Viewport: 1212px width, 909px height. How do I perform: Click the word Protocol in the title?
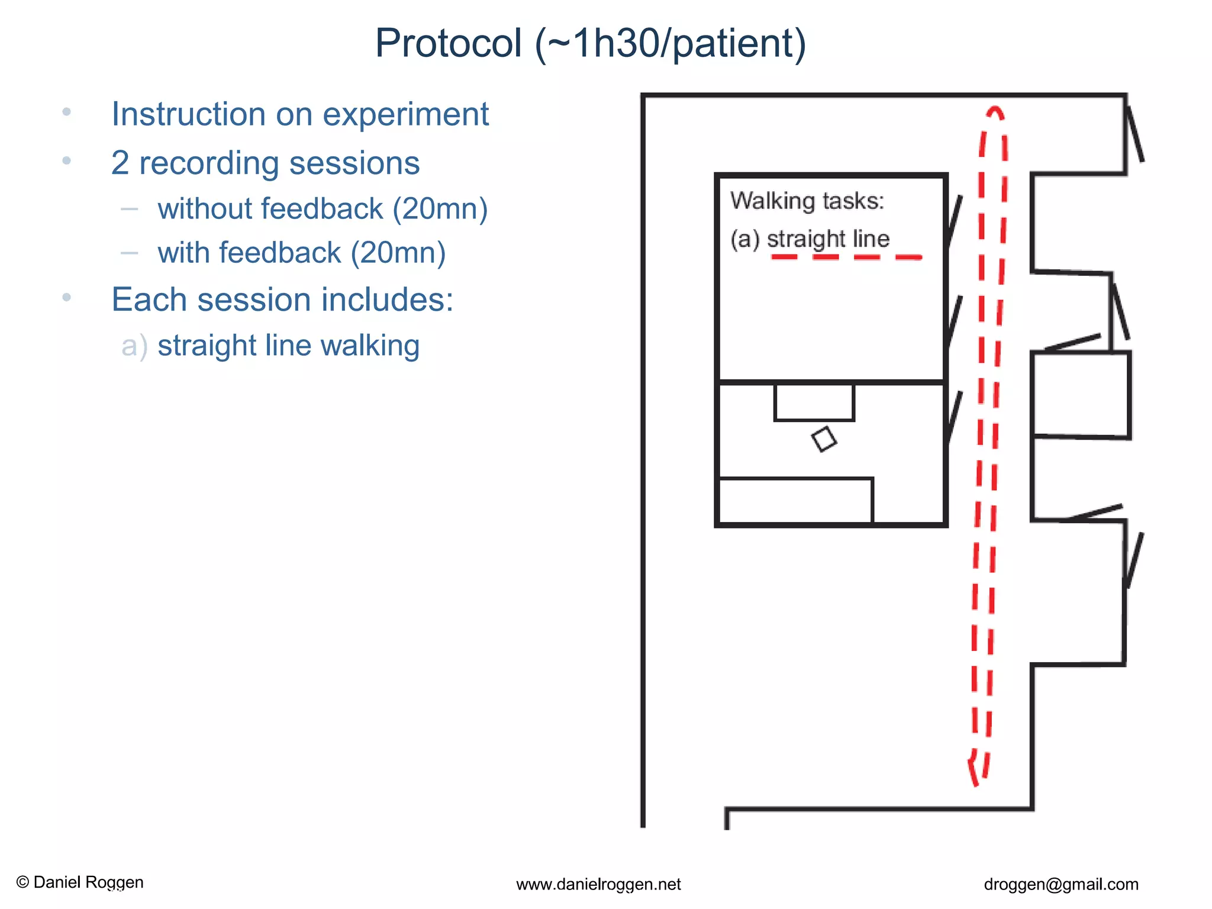click(449, 43)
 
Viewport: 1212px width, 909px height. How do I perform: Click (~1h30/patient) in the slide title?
click(671, 43)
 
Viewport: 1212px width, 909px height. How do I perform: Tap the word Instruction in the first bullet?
click(188, 114)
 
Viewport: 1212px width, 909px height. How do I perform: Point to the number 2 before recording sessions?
click(120, 163)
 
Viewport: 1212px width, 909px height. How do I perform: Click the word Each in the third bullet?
click(149, 299)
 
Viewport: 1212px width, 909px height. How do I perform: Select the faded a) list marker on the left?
click(134, 346)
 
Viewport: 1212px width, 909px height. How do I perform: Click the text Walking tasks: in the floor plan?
click(807, 201)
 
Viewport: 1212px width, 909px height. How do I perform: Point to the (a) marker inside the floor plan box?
click(744, 239)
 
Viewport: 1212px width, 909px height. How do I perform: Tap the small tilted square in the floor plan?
click(824, 439)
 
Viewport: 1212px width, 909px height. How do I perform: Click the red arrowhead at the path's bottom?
click(974, 772)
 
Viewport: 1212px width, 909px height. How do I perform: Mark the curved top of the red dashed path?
click(995, 112)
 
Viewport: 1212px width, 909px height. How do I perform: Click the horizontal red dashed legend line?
click(846, 257)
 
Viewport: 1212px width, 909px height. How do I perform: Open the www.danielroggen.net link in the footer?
click(598, 884)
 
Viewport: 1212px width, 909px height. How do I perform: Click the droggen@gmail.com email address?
click(1060, 884)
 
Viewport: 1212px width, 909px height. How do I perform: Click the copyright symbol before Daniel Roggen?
click(23, 882)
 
